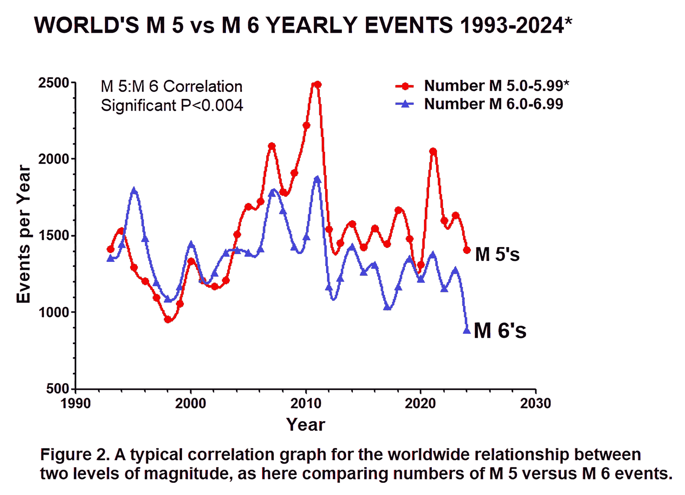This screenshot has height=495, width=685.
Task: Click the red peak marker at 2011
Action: pos(317,84)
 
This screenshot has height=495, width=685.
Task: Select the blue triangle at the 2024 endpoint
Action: pos(466,330)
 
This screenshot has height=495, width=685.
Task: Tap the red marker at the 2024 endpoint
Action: pos(467,250)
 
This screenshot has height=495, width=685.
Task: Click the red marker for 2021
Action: pos(433,151)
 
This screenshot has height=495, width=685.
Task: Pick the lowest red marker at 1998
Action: pos(168,319)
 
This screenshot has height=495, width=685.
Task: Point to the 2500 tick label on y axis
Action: pos(54,83)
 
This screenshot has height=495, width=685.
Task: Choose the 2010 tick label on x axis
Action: pos(306,404)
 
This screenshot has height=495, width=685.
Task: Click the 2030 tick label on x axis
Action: pos(536,404)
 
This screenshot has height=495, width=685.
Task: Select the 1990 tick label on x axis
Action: pos(76,404)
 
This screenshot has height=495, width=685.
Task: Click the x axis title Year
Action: pos(306,425)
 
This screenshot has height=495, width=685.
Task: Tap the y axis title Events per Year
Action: pos(24,234)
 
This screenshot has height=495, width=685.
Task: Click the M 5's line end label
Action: pos(497,255)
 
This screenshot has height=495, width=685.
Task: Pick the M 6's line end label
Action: pos(500,331)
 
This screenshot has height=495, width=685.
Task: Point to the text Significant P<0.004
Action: pos(172,105)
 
